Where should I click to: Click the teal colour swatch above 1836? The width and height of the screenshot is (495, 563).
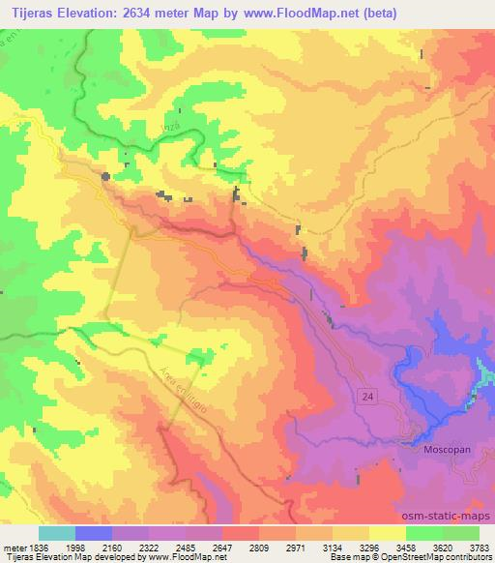[x=56, y=533]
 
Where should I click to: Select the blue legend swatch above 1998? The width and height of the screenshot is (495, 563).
[x=94, y=533]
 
